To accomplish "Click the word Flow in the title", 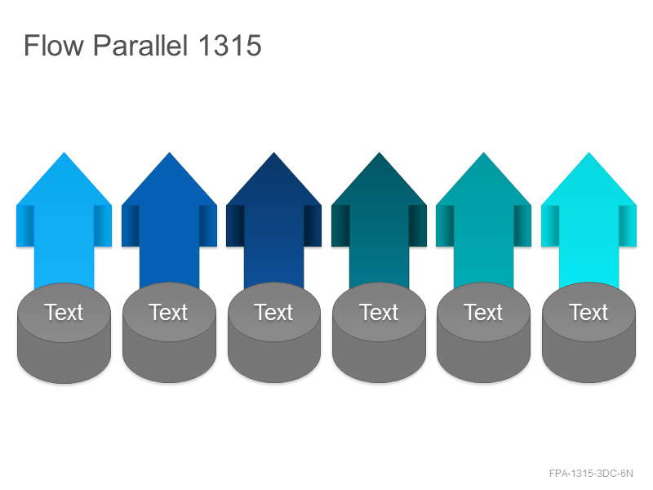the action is pos(53,45).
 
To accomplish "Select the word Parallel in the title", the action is pos(140,45).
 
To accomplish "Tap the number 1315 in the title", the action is pos(229,45).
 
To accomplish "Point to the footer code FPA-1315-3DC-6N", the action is pos(591,474).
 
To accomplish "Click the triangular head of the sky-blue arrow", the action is pos(64,183).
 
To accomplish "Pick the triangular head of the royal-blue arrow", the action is pos(169,183).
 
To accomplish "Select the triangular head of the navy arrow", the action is pos(273,183).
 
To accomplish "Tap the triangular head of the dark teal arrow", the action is pos(379,183).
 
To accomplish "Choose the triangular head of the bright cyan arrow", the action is pos(589,183).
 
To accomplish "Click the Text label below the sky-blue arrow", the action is pos(64,313).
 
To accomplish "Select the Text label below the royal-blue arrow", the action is pos(169,313).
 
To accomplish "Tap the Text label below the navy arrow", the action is pos(273,313).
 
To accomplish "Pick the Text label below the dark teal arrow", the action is pos(379,313).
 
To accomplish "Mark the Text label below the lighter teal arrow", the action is pos(483,313).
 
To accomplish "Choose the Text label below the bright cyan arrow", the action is pos(589,313).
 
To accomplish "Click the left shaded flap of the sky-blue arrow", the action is pos(25,226).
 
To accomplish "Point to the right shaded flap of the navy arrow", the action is pos(313,226).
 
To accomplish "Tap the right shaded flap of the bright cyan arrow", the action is pos(628,226).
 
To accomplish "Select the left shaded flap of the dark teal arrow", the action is pos(340,226).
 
